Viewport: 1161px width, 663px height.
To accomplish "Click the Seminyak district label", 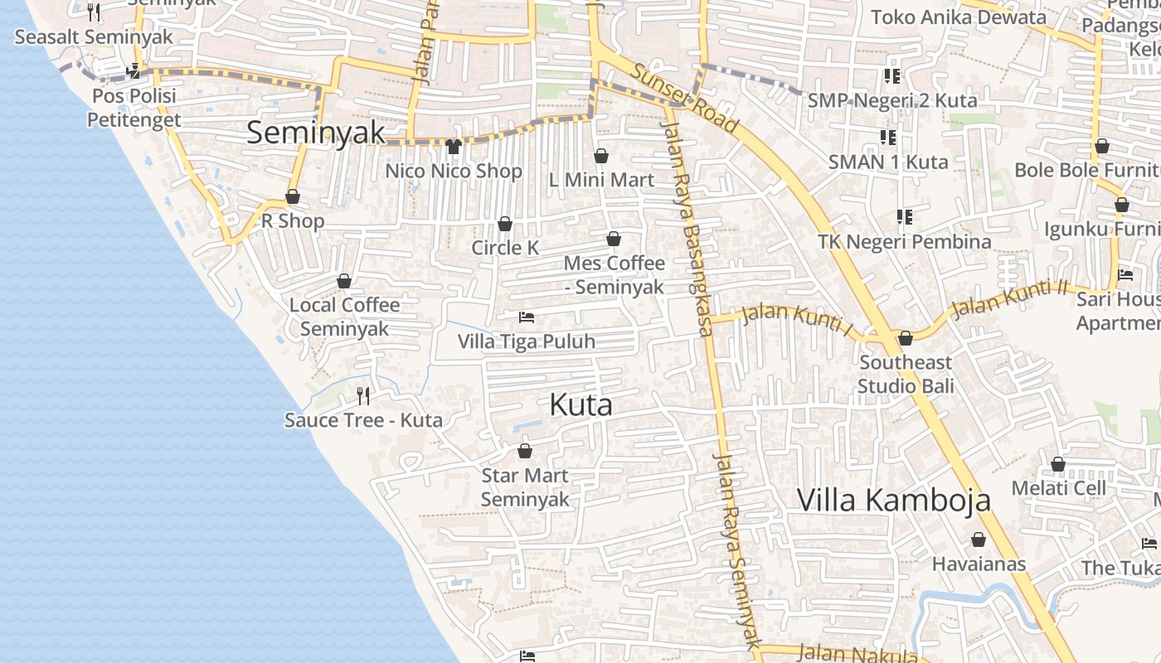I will click(316, 133).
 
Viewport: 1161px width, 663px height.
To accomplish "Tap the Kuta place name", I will click(581, 404).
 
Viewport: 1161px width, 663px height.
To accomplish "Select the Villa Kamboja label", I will click(894, 500).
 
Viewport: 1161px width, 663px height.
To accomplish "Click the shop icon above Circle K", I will click(504, 224).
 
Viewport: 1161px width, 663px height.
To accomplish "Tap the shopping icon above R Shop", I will click(293, 197).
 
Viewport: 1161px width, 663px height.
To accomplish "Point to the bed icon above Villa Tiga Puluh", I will click(526, 317).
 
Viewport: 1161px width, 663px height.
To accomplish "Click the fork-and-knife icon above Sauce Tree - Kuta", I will click(363, 395).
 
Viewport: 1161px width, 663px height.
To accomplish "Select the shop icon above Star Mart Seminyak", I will click(525, 451).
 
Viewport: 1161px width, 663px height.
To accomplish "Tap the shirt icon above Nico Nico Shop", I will click(453, 147).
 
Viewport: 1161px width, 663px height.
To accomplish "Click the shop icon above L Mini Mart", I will click(601, 156).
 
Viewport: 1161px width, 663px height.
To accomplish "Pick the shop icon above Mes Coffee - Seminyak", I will click(614, 239).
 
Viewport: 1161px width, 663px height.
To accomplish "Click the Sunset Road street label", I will click(684, 98).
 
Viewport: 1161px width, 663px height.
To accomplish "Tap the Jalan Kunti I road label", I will click(797, 319).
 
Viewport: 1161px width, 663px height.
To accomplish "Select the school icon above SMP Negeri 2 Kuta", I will click(892, 76).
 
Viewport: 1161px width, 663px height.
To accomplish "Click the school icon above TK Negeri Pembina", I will click(905, 217).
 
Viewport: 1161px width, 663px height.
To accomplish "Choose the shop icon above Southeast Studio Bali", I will click(906, 338).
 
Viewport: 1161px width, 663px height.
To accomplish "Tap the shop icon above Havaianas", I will click(979, 540).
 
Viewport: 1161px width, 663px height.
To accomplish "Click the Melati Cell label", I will click(1058, 488).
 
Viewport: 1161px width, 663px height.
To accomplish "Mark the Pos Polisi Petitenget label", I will click(134, 108).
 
